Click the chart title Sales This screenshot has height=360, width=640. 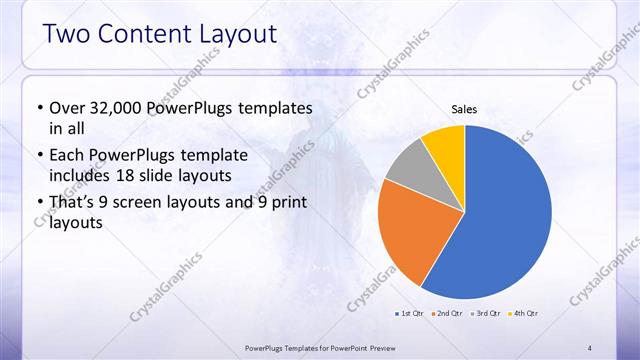click(x=464, y=108)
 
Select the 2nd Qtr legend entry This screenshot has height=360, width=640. click(x=445, y=313)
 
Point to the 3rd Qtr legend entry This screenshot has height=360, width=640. click(x=486, y=313)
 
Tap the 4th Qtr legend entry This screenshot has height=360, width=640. click(x=523, y=313)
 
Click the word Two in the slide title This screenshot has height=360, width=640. click(x=68, y=35)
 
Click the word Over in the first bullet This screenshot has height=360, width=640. click(x=65, y=107)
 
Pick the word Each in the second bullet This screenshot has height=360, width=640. click(x=66, y=154)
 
